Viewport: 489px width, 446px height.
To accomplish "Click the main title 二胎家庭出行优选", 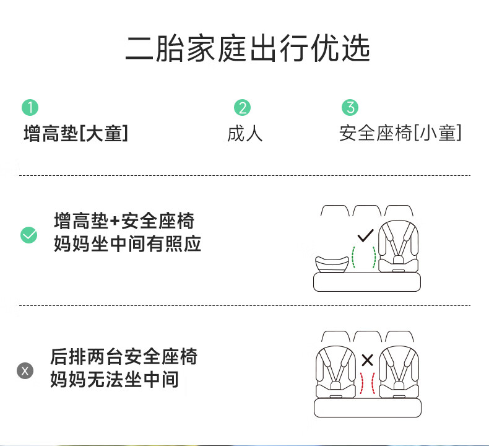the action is (248, 48).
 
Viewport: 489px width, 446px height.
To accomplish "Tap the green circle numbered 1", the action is (30, 107).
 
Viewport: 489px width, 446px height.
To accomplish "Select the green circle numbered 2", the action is (242, 107).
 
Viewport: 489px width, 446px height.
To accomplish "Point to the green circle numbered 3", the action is (350, 107).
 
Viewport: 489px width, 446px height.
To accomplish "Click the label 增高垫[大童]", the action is (76, 133).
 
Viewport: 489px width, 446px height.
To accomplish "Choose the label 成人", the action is (245, 134).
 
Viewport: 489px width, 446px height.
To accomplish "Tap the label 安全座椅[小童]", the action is (400, 133).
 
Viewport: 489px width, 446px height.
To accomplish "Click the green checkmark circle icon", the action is (28, 235).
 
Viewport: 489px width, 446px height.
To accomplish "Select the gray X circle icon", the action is (25, 371).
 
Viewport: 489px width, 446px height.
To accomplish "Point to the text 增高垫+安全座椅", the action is (124, 221).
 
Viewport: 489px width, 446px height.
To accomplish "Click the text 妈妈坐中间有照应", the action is (128, 244).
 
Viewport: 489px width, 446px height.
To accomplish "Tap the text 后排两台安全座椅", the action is (124, 356).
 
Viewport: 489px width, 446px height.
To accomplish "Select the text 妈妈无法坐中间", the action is (115, 380).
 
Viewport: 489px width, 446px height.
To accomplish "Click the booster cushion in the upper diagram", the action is (332, 265).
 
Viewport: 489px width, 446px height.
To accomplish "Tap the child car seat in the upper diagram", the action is (398, 247).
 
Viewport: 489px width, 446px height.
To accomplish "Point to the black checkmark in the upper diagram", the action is (365, 235).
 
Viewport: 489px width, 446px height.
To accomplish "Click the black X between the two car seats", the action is (368, 360).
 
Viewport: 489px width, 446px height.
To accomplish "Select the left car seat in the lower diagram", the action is (335, 372).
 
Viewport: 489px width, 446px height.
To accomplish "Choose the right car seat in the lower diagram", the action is (399, 372).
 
